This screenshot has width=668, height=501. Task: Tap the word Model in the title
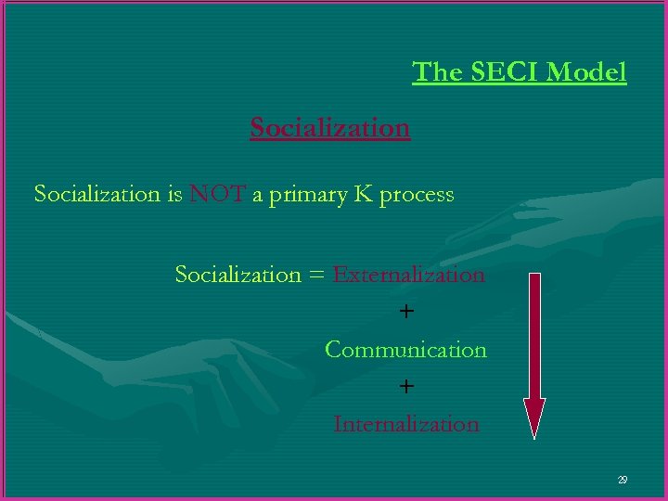click(590, 71)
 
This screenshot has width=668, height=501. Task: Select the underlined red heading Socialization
click(329, 127)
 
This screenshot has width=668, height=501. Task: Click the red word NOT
click(217, 194)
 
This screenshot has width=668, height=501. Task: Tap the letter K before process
click(363, 194)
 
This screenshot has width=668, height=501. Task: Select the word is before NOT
click(174, 194)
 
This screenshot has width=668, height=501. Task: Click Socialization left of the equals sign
click(238, 275)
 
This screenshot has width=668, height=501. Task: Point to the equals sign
click(316, 276)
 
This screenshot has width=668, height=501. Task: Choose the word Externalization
click(408, 275)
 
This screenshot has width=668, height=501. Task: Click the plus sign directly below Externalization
click(406, 312)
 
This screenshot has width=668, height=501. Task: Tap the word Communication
click(405, 350)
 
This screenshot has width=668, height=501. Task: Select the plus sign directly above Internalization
click(406, 386)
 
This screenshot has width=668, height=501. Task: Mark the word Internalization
click(406, 424)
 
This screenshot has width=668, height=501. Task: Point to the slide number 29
click(622, 480)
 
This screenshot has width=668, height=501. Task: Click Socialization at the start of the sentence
click(96, 194)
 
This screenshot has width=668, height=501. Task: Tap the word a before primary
click(257, 195)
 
